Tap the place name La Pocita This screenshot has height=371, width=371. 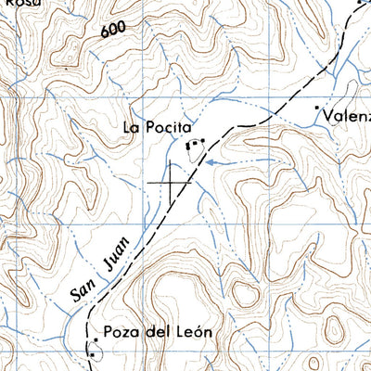coord(157,127)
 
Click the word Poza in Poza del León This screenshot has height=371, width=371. coord(122,332)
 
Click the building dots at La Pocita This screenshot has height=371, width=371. coord(195,144)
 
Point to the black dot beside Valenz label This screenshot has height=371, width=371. coord(316,109)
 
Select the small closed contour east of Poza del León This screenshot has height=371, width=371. coord(244,296)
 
